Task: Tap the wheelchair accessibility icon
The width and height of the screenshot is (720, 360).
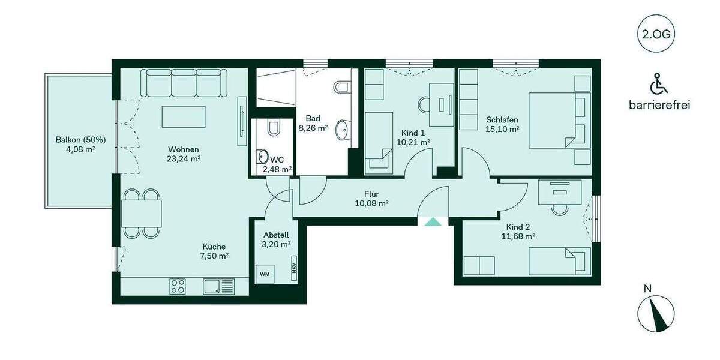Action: point(659,83)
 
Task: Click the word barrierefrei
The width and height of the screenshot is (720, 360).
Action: point(659,105)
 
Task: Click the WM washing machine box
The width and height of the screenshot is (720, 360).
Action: point(264,274)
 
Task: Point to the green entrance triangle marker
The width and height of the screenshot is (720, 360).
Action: point(432,221)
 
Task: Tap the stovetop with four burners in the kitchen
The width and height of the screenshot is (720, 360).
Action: point(178,286)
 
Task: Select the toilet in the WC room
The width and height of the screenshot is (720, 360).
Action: point(274,128)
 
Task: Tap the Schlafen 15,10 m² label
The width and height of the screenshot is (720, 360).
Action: point(502,124)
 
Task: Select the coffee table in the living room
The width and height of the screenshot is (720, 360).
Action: point(183,116)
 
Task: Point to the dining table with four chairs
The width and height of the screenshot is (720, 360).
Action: point(142,212)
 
